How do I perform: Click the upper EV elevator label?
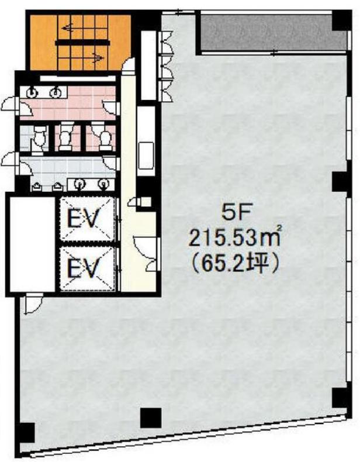click(83, 218)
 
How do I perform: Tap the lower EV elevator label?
click(83, 267)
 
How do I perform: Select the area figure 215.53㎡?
click(234, 238)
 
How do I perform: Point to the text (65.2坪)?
click(234, 263)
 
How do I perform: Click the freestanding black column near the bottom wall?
click(151, 418)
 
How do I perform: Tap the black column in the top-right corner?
click(340, 20)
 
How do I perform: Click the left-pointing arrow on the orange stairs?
click(68, 28)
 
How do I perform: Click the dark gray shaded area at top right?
click(273, 32)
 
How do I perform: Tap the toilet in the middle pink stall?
click(65, 137)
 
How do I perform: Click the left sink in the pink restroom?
click(32, 93)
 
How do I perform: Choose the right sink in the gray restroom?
click(103, 184)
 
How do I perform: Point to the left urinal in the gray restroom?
click(36, 187)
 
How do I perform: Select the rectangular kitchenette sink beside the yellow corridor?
click(146, 156)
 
